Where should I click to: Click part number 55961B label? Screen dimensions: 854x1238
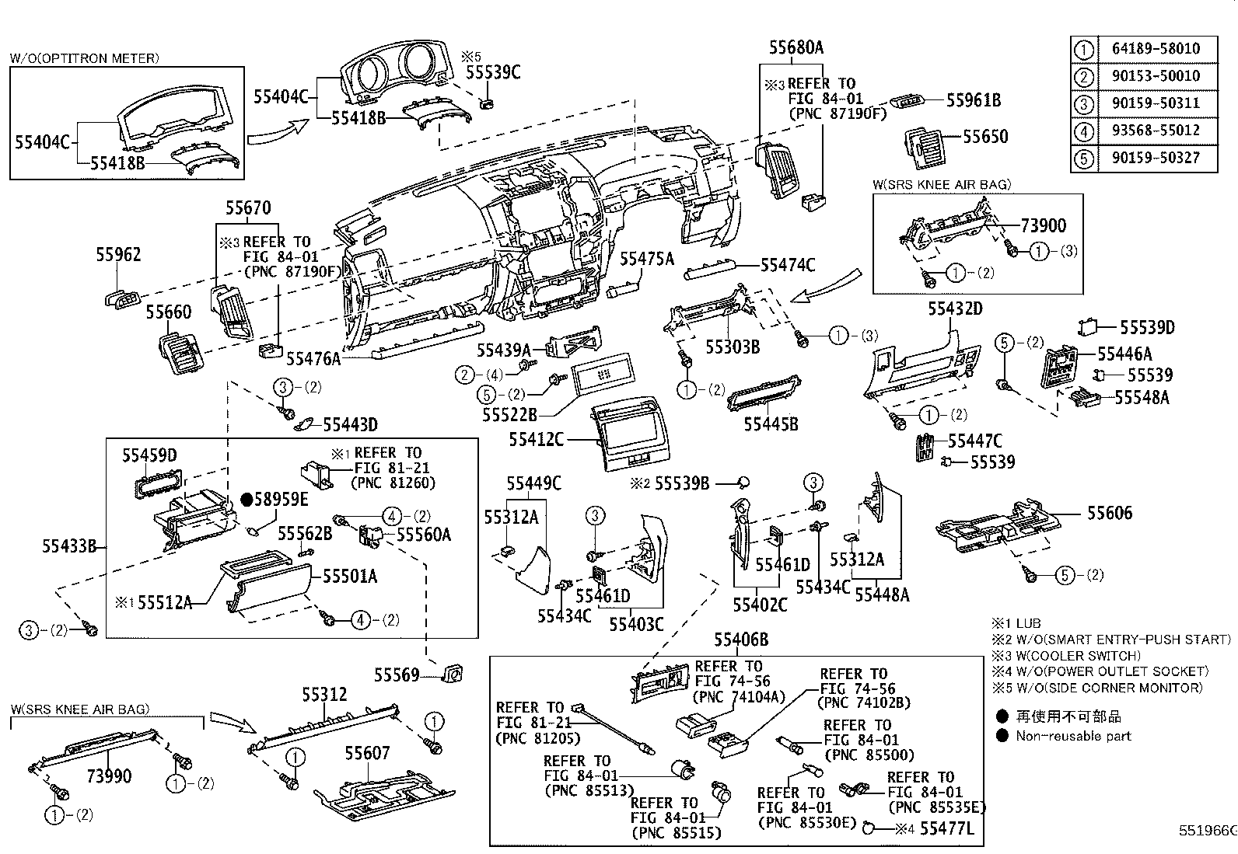coord(973,100)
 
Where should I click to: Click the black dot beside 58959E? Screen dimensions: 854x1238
coord(247,499)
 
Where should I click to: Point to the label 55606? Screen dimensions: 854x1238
coord(1109,513)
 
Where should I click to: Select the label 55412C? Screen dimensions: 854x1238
coord(536,439)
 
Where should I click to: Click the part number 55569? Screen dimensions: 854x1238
coord(396,674)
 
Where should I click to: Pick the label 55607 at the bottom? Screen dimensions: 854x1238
coord(367,752)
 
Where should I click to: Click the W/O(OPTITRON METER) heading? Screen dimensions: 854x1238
coord(85,58)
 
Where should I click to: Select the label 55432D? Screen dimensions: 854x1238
coord(954,308)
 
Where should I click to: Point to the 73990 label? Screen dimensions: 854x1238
coord(109,776)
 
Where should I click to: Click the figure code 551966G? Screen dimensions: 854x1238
coord(1207,831)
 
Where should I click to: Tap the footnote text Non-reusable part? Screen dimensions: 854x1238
coord(1073,736)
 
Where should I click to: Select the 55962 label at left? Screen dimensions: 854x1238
coord(118,254)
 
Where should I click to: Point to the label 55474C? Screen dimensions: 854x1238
coord(787,266)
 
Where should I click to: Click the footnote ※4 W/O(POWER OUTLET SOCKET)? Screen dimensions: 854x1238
coord(1100,671)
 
